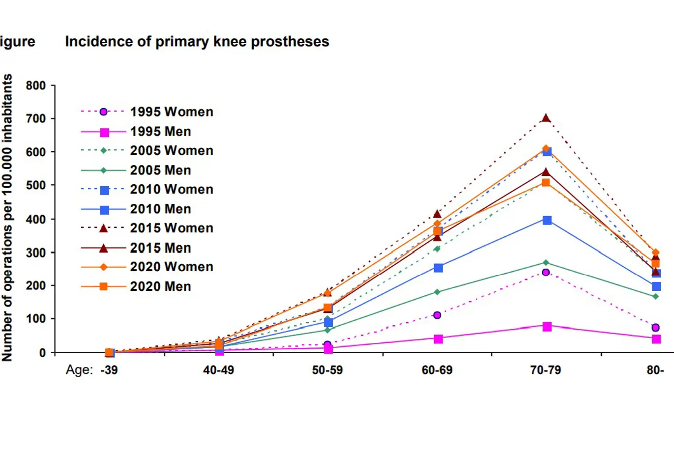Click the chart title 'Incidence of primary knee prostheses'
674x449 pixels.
point(197,42)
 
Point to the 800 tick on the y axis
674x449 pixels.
point(36,86)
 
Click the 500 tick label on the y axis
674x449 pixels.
point(36,186)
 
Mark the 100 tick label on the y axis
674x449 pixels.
point(36,319)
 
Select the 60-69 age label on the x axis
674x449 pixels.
point(437,370)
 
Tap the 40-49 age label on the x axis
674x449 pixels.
point(218,370)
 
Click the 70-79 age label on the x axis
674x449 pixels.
point(545,370)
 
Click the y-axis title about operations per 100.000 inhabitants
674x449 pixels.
point(7,218)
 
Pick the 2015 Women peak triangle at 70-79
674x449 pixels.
point(546,118)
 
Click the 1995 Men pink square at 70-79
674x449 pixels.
point(547,326)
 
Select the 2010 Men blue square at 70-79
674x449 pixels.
point(547,220)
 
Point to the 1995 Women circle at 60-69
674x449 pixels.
point(437,315)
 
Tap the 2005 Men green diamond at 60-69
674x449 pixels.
point(437,292)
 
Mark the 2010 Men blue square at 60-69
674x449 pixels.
point(438,268)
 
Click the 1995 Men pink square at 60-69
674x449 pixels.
point(438,339)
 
